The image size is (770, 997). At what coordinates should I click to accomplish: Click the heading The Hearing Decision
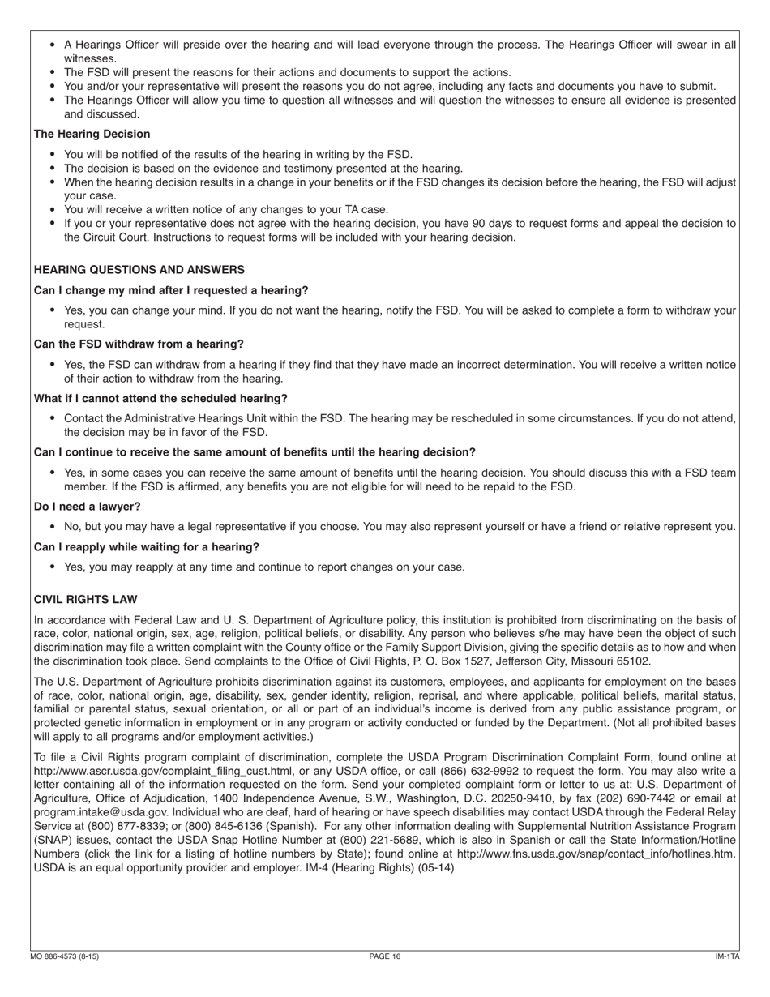click(92, 134)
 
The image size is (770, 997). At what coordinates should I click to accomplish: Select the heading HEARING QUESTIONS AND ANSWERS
click(139, 269)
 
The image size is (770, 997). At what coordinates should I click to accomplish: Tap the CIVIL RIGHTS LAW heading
click(85, 599)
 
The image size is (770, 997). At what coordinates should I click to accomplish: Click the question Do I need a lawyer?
click(87, 506)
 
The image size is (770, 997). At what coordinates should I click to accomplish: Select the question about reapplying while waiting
click(147, 546)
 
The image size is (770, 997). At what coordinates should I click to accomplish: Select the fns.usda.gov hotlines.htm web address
click(596, 854)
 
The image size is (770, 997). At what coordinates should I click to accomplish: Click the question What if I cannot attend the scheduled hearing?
click(160, 398)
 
